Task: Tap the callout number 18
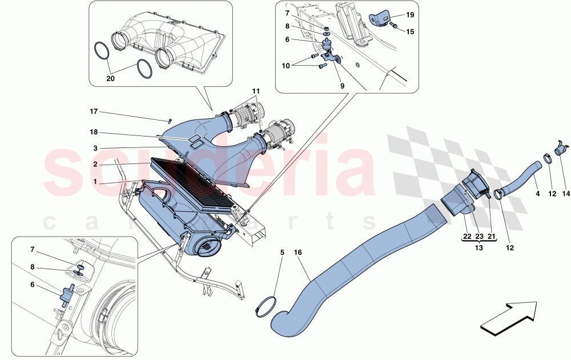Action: click(x=94, y=133)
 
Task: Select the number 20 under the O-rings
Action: click(x=111, y=79)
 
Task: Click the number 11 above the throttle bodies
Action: click(x=256, y=91)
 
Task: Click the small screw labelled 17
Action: click(x=170, y=120)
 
